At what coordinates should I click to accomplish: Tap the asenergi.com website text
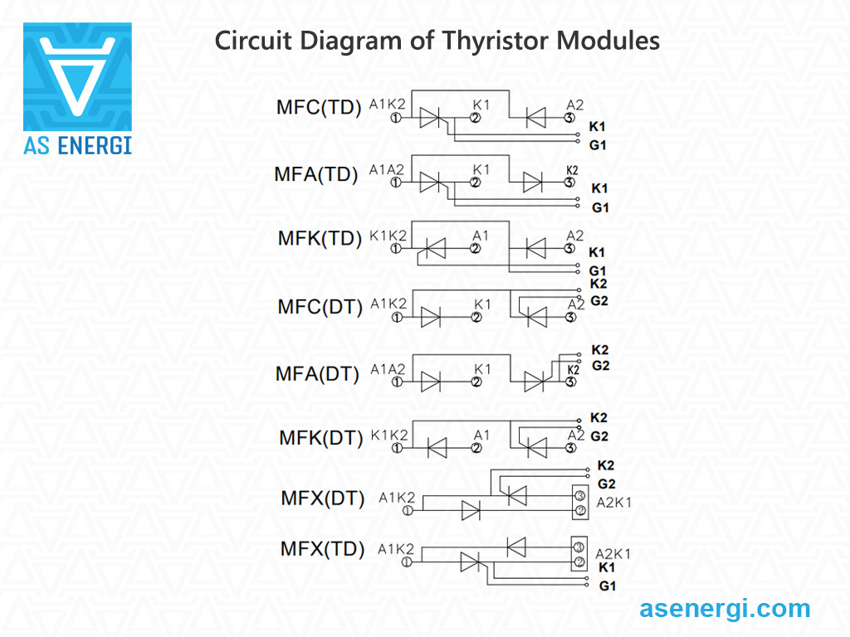point(725,608)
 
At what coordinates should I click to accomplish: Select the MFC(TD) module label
point(319,108)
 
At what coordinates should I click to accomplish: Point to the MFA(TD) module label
point(316,174)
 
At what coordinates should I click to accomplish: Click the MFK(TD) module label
point(320,239)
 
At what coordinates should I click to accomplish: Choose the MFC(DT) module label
point(320,307)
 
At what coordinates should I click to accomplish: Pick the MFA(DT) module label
point(317,374)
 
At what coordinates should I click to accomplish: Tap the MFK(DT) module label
point(320,438)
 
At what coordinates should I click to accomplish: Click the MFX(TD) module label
point(322,549)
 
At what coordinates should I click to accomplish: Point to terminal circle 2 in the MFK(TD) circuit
point(476,247)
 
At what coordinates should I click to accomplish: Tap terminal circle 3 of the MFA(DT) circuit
point(570,382)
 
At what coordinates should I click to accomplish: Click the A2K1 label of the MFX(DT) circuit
point(613,503)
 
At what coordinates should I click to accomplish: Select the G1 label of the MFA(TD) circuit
point(599,208)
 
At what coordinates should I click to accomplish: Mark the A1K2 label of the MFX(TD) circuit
point(395,549)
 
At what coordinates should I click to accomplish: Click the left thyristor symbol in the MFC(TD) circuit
point(432,118)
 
